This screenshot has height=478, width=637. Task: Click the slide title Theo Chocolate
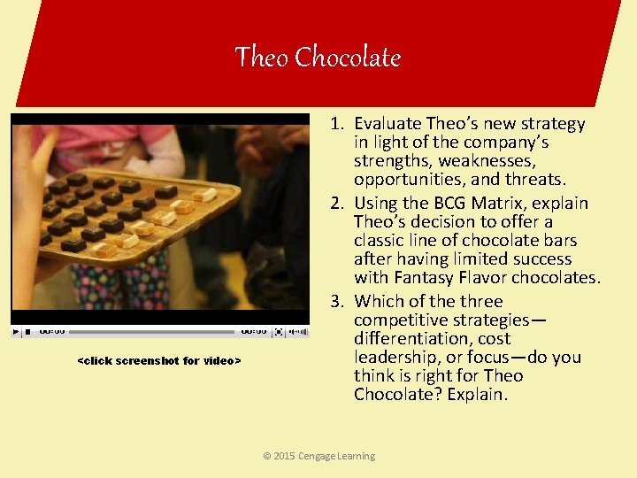318,58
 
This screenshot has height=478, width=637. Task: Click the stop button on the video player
27,332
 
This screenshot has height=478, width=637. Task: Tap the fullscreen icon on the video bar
280,332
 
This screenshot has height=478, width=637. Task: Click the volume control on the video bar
299,332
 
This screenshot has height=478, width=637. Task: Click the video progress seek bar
150,332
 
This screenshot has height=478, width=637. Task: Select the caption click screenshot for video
159,360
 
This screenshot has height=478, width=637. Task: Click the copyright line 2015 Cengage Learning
318,456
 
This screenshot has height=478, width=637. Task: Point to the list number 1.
337,124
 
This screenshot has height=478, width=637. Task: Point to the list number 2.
337,203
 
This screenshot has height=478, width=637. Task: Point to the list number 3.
337,301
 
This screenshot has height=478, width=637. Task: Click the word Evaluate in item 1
387,124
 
